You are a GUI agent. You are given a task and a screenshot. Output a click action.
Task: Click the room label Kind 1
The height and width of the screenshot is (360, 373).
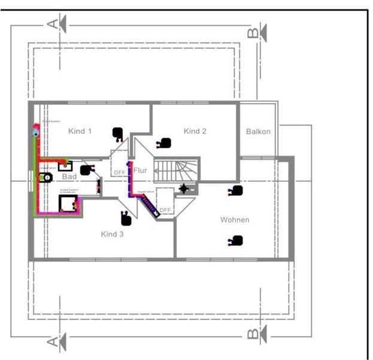pos(80,131)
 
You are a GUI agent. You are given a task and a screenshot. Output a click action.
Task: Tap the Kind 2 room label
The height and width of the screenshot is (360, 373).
pos(195,131)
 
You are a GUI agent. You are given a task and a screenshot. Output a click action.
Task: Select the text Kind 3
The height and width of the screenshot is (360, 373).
pos(112,234)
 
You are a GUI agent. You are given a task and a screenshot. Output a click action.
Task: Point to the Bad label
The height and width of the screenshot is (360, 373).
pos(69,177)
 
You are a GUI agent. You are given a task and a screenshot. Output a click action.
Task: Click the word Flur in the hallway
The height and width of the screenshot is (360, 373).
pos(140,170)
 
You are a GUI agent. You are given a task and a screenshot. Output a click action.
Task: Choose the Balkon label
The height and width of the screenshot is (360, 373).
pos(259,132)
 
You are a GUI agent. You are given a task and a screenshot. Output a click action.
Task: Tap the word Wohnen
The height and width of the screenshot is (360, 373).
pos(235,220)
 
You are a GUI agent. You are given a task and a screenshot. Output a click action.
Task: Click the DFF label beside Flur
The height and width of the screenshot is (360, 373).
pos(120,172)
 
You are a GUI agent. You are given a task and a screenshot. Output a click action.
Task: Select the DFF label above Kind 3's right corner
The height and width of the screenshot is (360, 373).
pos(165,210)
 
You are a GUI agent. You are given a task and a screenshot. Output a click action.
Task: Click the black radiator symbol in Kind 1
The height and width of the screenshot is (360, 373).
pos(118,133)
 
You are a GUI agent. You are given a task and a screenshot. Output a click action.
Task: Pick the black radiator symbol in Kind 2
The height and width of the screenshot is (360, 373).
pos(165,143)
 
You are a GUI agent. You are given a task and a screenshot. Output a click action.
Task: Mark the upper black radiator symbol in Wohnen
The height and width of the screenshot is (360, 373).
pos(237,191)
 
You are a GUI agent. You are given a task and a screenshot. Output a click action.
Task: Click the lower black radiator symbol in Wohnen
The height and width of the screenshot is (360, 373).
pos(237,240)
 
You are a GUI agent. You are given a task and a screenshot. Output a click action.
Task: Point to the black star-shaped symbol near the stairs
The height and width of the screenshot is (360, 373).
pos(184,189)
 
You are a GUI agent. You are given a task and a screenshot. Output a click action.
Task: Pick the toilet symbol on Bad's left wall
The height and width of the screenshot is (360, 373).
pos(46,178)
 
